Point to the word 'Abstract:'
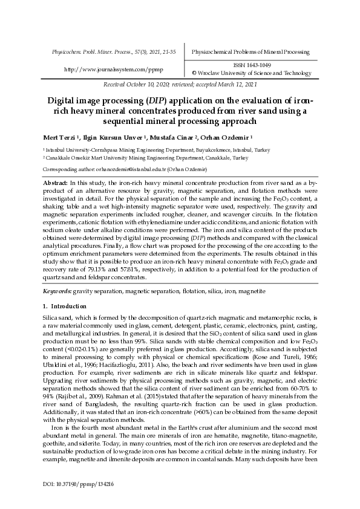click(56, 182)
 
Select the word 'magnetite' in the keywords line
click(250, 291)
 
